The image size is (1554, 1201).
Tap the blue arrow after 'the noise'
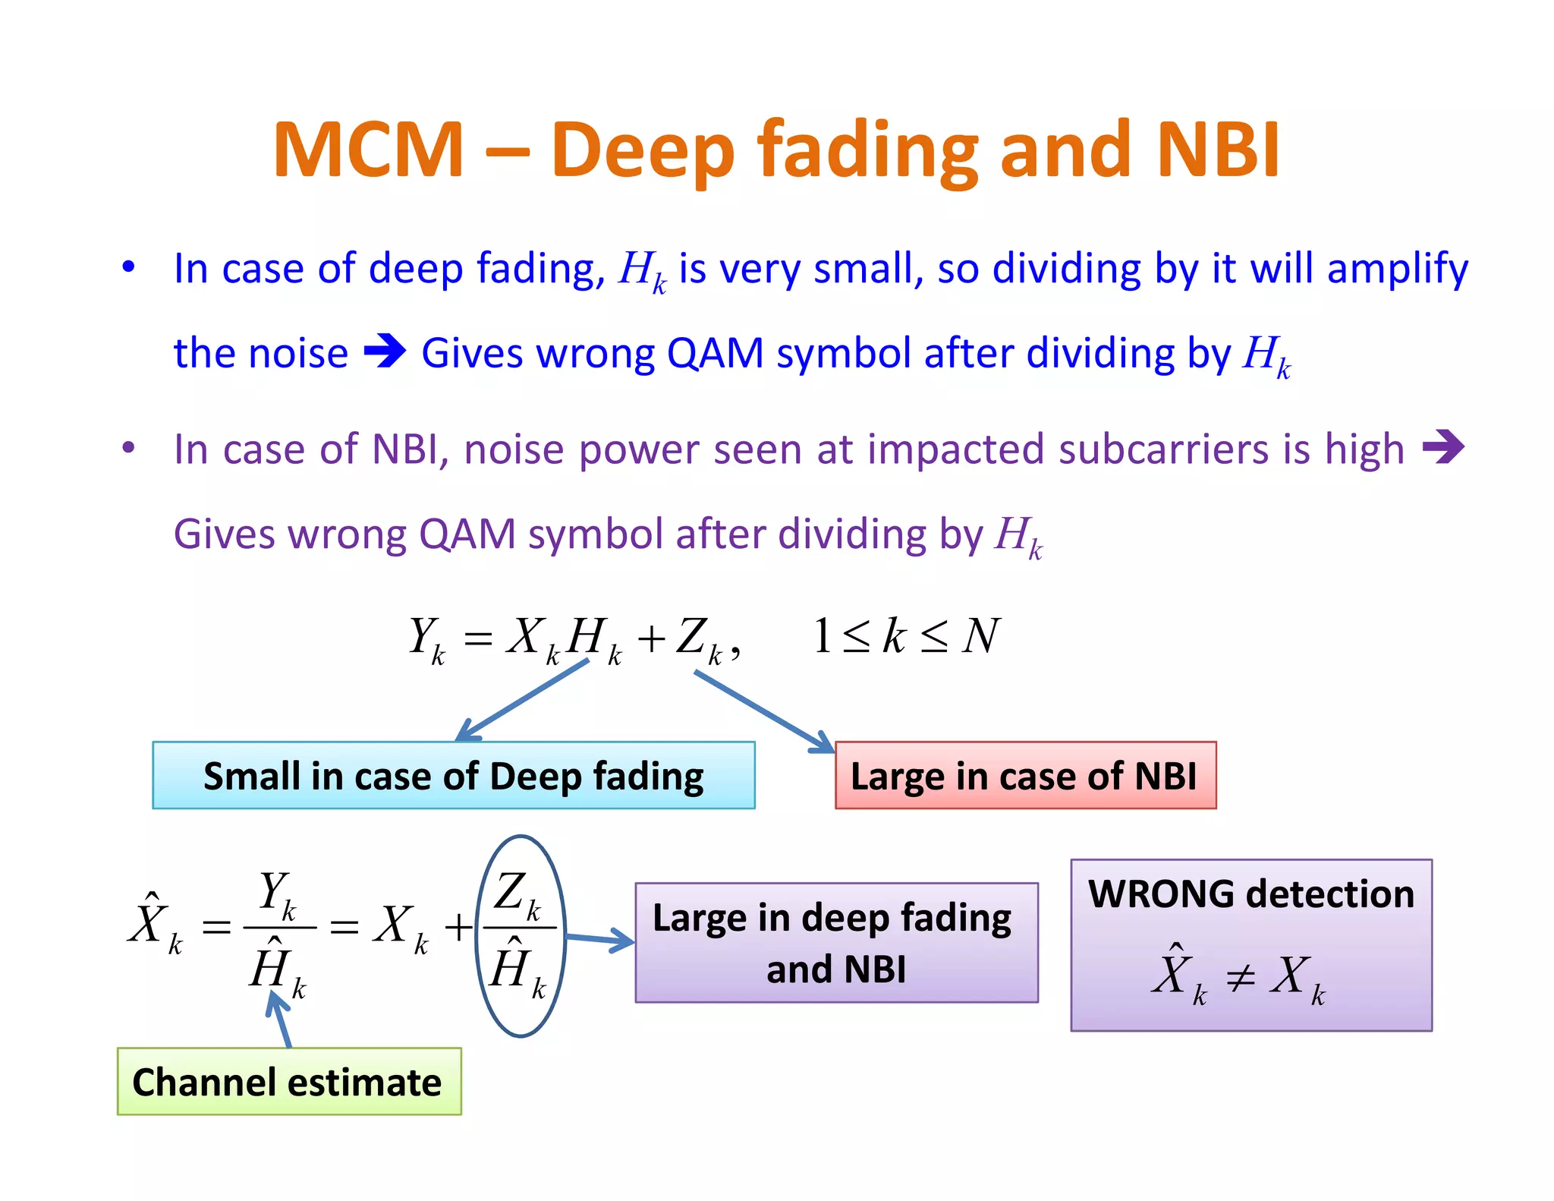[385, 351]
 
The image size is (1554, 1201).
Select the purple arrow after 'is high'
[1442, 446]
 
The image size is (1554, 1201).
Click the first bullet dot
[128, 266]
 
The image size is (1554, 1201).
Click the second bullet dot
[128, 448]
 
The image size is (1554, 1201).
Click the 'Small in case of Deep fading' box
[453, 775]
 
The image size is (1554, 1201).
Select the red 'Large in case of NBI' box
[1024, 775]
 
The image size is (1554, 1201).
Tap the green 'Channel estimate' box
[288, 1081]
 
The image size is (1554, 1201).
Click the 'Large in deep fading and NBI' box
[835, 942]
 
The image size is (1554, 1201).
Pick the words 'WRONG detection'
[1250, 894]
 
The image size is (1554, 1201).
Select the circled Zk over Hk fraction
[520, 935]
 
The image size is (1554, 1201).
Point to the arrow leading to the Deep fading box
[524, 700]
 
